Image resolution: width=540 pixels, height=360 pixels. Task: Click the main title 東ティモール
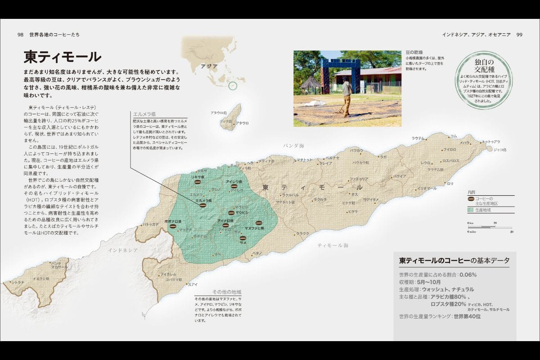coord(62,57)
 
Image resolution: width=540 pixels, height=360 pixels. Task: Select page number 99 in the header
coord(519,35)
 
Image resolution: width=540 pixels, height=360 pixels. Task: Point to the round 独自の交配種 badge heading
coord(478,66)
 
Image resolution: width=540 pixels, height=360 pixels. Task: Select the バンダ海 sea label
coord(294,146)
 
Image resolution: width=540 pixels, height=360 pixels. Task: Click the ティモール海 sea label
coord(333,245)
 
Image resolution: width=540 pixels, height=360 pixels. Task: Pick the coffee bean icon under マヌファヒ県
coord(259,223)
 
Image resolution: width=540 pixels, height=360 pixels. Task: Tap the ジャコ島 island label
coord(500,149)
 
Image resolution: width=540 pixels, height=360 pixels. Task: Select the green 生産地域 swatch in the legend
coord(471,210)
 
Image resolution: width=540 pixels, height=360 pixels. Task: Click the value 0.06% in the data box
coord(468,274)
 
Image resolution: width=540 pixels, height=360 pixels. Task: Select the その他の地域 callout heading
coord(227,292)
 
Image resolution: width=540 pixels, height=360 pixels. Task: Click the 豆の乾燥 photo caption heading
coord(414,53)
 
